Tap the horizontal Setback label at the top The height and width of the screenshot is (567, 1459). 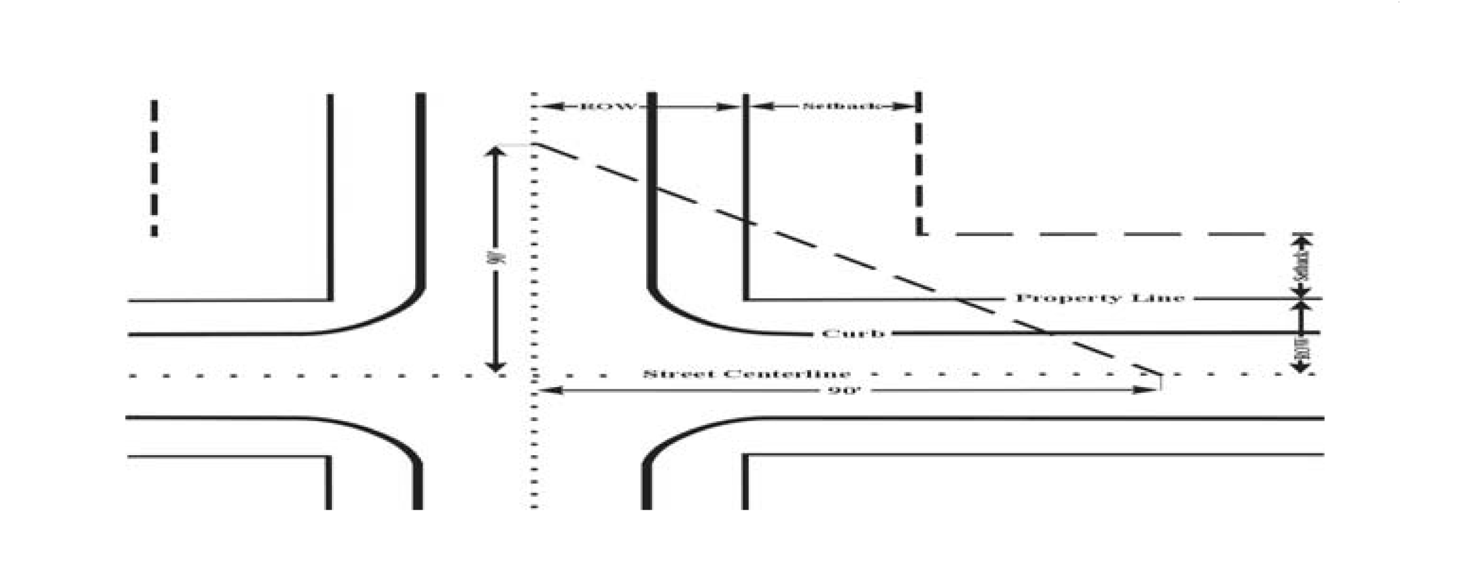[x=841, y=107]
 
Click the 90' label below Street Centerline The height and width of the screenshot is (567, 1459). [x=845, y=391]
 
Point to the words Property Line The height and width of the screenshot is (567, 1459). [x=1100, y=299]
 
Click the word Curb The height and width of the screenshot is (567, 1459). [x=853, y=334]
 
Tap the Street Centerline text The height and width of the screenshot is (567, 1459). [x=747, y=374]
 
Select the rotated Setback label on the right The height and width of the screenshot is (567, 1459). [x=1302, y=266]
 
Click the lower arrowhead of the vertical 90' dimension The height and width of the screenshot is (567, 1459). [x=496, y=367]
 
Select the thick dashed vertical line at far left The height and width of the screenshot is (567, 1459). [x=154, y=168]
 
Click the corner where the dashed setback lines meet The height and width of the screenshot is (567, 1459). [x=920, y=233]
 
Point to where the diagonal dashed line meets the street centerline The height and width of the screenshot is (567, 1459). [x=1160, y=375]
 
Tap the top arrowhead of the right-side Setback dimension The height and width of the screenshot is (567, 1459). [x=1302, y=239]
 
